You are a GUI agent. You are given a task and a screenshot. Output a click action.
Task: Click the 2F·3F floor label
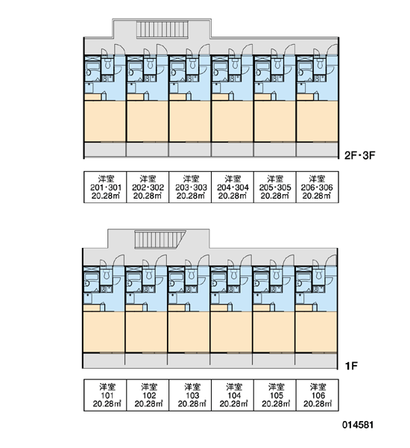click(359, 155)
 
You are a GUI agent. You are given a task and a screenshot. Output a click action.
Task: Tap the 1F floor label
click(351, 366)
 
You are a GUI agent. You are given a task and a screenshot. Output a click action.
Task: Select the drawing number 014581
click(358, 425)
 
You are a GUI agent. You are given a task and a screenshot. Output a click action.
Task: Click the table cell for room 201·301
click(105, 187)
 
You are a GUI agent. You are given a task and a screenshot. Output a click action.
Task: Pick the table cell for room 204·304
click(233, 187)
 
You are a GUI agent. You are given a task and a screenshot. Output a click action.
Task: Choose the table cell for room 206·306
click(318, 187)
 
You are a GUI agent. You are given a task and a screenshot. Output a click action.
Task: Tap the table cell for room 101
click(105, 395)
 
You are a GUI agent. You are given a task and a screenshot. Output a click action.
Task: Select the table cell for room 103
click(190, 395)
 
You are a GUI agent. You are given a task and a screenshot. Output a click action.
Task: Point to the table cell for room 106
click(318, 395)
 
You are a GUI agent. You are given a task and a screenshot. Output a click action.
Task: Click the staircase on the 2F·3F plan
click(162, 29)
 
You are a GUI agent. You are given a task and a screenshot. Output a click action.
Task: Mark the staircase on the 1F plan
click(160, 240)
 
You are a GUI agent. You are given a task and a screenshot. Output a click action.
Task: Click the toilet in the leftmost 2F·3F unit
click(108, 64)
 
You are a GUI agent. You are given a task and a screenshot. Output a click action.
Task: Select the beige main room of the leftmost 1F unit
click(104, 332)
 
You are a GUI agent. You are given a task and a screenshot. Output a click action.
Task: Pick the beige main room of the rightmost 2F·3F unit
click(318, 121)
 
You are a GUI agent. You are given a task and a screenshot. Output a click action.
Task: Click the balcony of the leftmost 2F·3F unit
click(105, 149)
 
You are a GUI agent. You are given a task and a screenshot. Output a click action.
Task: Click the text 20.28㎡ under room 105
click(276, 404)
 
